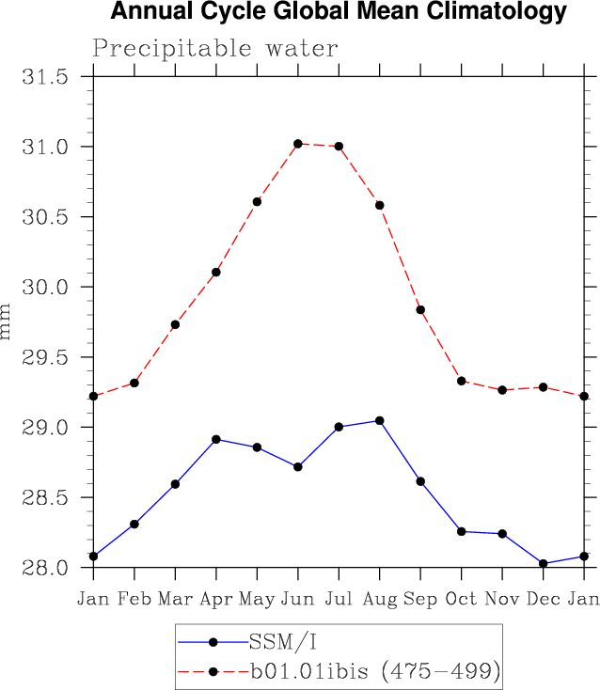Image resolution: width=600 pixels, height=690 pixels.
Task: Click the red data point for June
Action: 298,144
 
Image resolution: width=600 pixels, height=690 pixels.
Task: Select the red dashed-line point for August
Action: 380,205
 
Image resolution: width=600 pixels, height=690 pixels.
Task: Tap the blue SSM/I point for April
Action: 216,439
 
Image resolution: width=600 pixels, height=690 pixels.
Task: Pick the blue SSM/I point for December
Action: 544,564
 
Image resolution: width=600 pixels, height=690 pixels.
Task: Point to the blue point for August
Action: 380,420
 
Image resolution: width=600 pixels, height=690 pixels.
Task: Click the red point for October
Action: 462,381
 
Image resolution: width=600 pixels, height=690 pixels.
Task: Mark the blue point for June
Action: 298,467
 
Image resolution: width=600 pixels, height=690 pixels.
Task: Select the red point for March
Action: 175,324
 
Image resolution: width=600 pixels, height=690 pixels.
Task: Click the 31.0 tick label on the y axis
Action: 44,147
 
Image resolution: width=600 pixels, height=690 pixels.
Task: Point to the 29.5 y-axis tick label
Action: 44,357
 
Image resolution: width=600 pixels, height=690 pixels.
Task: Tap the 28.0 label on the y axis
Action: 44,568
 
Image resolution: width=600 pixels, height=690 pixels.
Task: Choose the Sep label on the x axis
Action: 420,599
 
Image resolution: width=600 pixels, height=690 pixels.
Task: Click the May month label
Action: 257,599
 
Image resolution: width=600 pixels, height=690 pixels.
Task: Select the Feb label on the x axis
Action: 134,599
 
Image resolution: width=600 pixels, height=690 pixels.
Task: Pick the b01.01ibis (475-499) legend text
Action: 372,671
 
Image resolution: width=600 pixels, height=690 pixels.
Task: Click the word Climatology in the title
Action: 490,13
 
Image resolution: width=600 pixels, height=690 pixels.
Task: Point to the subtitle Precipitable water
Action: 215,48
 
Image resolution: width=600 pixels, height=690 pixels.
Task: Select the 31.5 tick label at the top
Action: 44,77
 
